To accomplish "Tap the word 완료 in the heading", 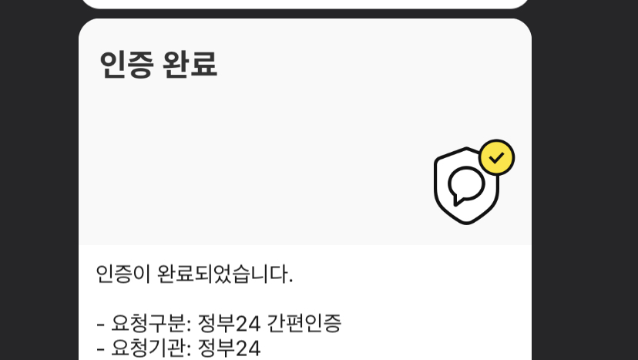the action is point(190,65).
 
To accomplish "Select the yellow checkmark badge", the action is point(496,157).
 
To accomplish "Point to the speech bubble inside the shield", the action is point(465,186).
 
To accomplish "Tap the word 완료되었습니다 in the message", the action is point(223,274).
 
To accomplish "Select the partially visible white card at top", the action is point(305,4).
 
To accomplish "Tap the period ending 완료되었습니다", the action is point(290,281).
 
